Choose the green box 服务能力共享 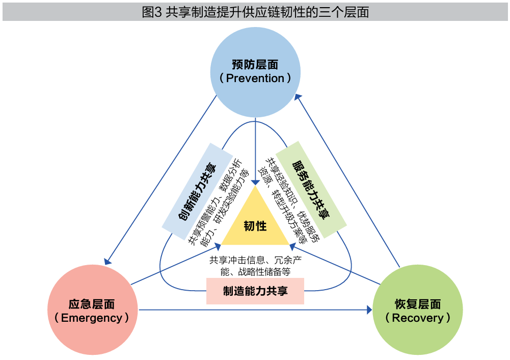pyautogui.click(x=311, y=188)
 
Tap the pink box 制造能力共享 pyautogui.click(x=255, y=291)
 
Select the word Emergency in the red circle pyautogui.click(x=92, y=318)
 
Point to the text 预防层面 pyautogui.click(x=255, y=65)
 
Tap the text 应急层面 pyautogui.click(x=92, y=304)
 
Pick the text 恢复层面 pyautogui.click(x=418, y=304)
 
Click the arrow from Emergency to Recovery pyautogui.click(x=255, y=310)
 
